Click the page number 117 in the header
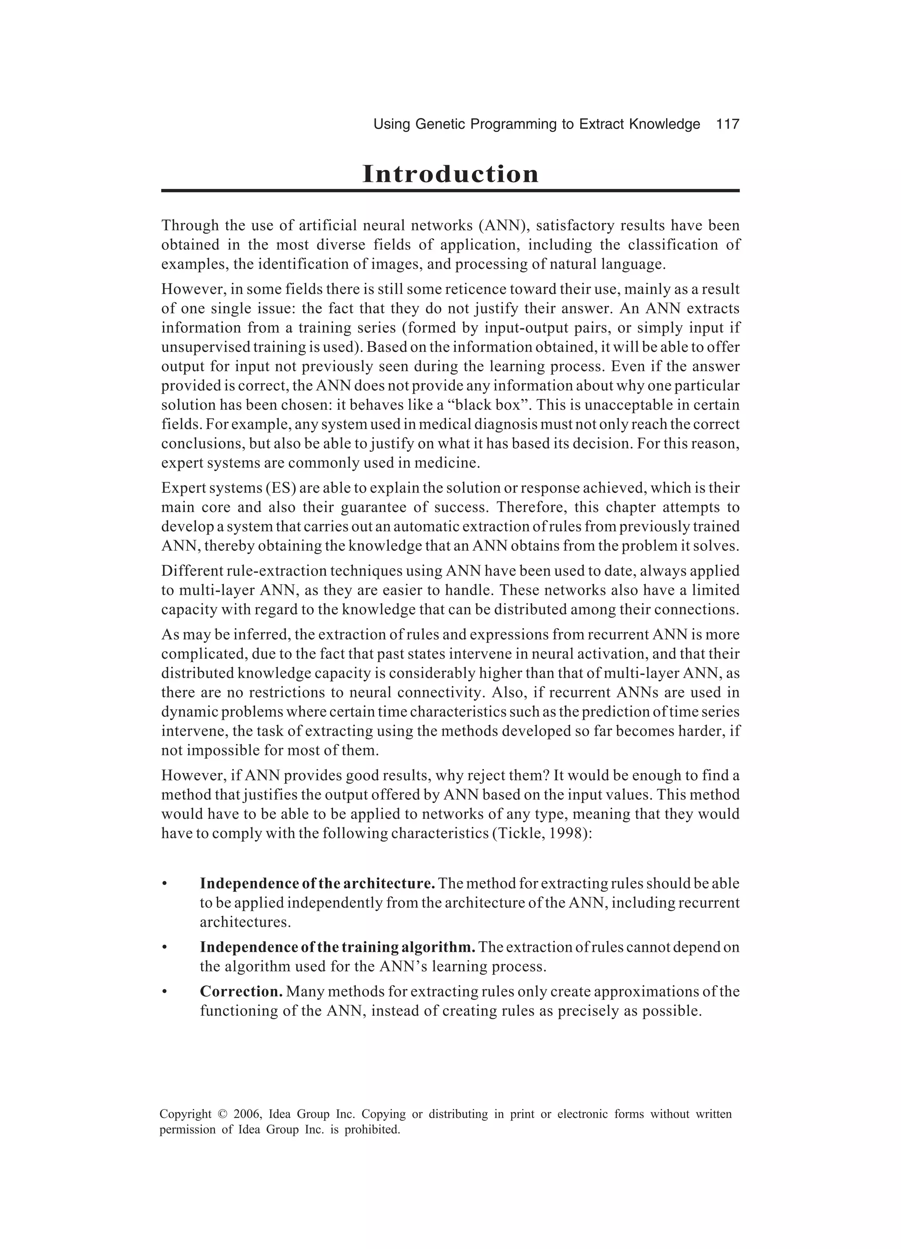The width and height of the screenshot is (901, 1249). [x=727, y=125]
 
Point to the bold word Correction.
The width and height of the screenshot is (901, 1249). [x=241, y=992]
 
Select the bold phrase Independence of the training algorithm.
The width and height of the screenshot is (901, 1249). [x=337, y=947]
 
